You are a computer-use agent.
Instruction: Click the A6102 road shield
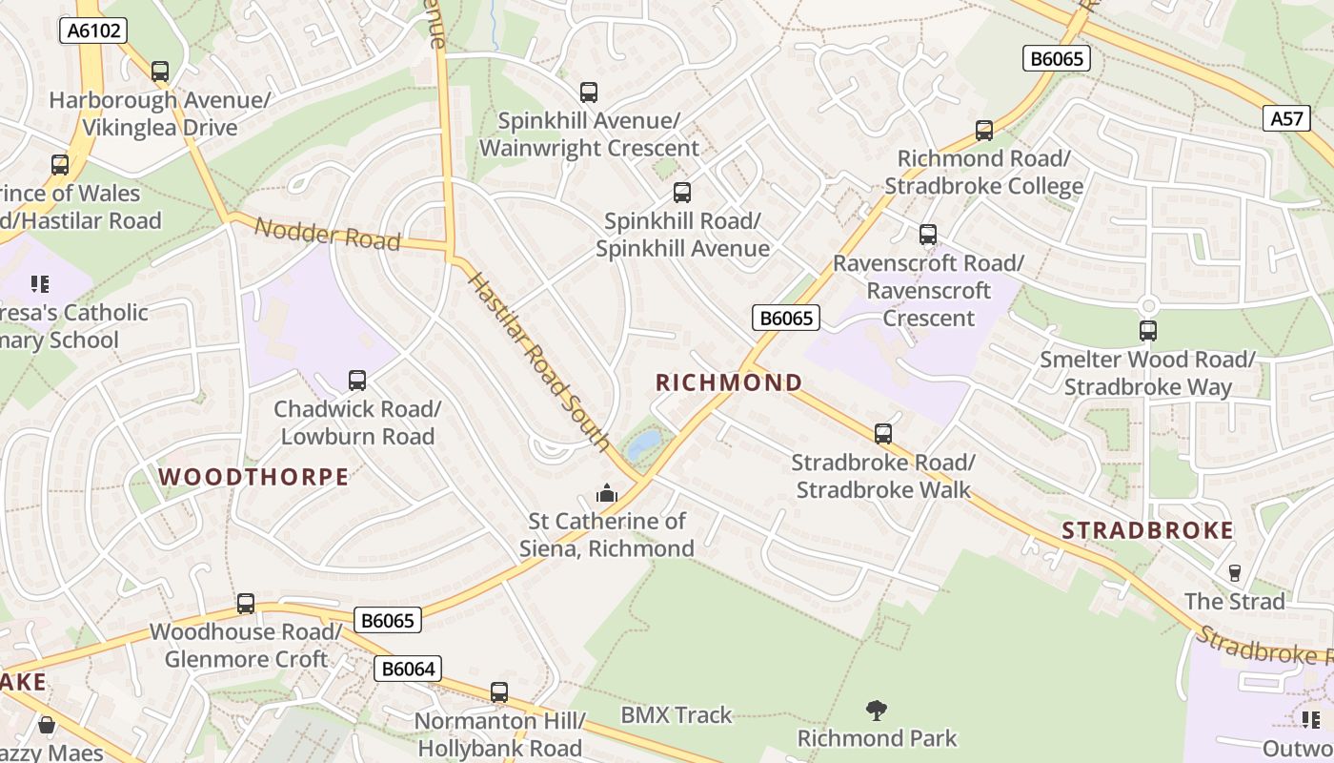point(92,31)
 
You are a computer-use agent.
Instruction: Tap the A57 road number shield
point(1286,118)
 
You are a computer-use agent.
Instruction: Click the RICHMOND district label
point(729,382)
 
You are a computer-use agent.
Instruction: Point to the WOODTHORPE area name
point(253,477)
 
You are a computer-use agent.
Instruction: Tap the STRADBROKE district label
point(1147,530)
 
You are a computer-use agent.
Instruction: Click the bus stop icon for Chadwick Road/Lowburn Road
point(357,381)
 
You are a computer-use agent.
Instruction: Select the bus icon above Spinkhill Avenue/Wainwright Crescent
point(589,93)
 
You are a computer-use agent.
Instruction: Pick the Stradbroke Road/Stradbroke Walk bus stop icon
point(883,434)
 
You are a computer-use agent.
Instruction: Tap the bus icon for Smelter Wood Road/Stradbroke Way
point(1148,331)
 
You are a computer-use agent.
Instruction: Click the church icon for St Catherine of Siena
point(606,493)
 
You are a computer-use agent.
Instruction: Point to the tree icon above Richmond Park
point(877,711)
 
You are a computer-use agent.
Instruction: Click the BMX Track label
point(677,714)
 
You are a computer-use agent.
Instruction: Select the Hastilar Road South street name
point(539,361)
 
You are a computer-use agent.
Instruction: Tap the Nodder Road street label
point(327,234)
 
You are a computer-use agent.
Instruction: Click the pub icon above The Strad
point(1235,572)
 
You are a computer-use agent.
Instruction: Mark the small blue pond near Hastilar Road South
point(643,443)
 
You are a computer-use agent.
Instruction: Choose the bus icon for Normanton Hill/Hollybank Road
point(499,692)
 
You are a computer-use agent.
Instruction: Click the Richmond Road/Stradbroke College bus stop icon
point(984,131)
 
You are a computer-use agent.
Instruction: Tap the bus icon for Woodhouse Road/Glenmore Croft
point(246,604)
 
